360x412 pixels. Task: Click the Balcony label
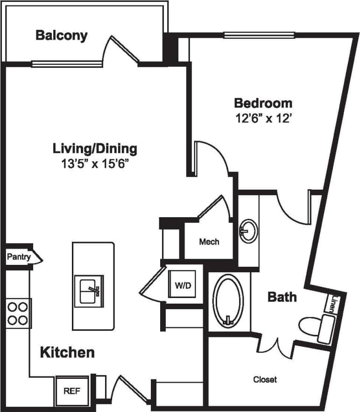point(61,36)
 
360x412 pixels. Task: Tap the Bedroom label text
point(263,103)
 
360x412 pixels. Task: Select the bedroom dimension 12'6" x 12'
point(264,118)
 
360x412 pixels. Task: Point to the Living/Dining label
point(95,149)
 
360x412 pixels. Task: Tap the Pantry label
point(19,256)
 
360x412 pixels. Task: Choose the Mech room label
point(209,242)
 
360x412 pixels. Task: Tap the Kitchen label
point(67,352)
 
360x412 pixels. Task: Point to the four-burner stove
point(17,313)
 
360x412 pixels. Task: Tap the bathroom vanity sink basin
point(247,230)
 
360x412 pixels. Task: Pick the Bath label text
point(282,296)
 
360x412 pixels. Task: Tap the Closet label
point(265,379)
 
